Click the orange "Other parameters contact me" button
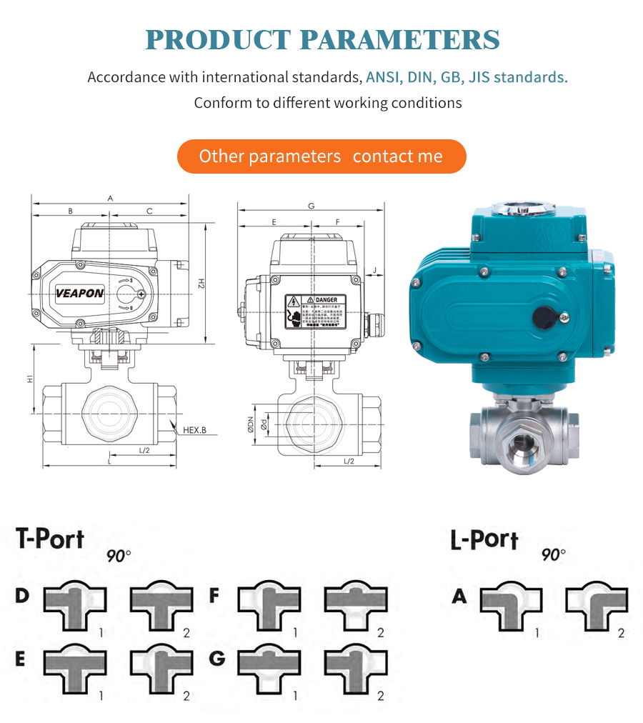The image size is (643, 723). [x=321, y=156]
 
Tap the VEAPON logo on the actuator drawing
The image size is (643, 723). [x=80, y=293]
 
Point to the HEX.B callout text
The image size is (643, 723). [x=194, y=430]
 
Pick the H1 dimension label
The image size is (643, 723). [x=30, y=379]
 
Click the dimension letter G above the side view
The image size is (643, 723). [x=311, y=206]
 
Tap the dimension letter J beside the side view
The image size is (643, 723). [x=374, y=269]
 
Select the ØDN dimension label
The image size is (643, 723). [x=251, y=426]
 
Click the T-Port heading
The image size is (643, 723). [x=50, y=539]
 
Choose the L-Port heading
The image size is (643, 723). [x=484, y=540]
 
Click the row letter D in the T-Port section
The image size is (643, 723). [x=22, y=595]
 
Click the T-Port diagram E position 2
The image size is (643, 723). [x=161, y=671]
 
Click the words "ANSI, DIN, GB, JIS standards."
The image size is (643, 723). [x=467, y=77]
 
